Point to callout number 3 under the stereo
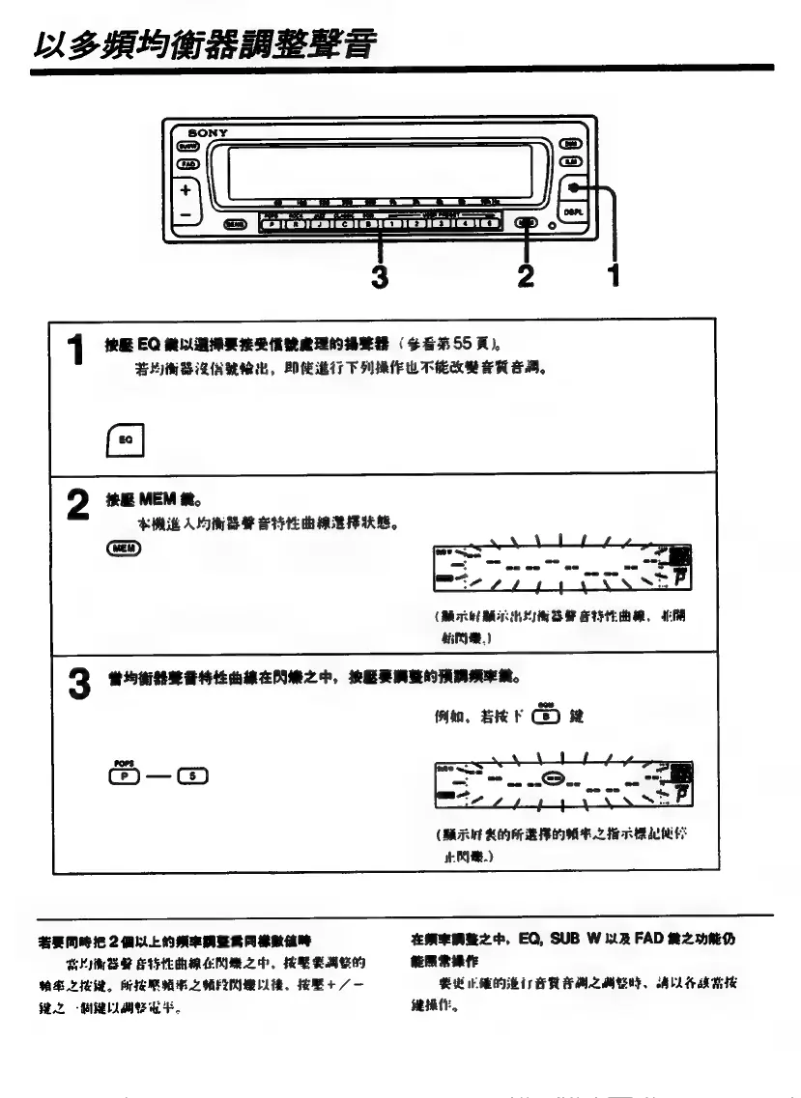[380, 276]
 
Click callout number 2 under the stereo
[526, 276]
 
